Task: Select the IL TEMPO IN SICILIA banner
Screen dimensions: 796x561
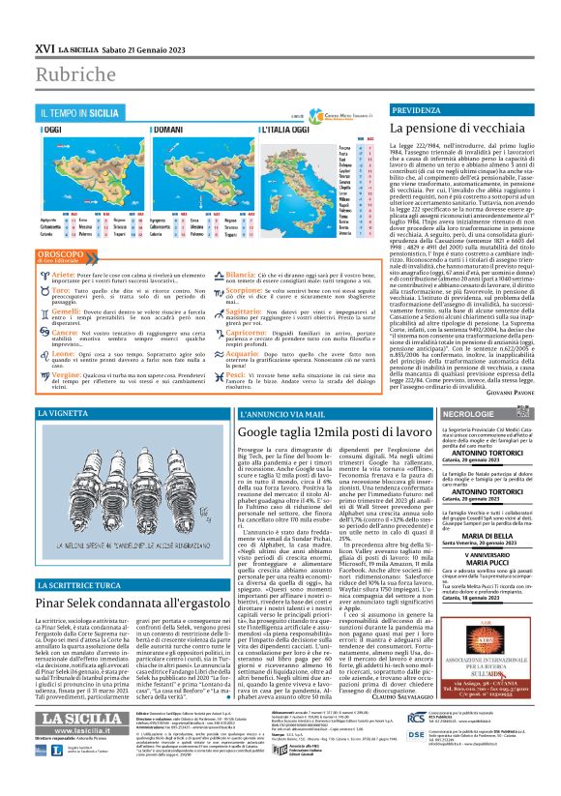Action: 82,114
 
